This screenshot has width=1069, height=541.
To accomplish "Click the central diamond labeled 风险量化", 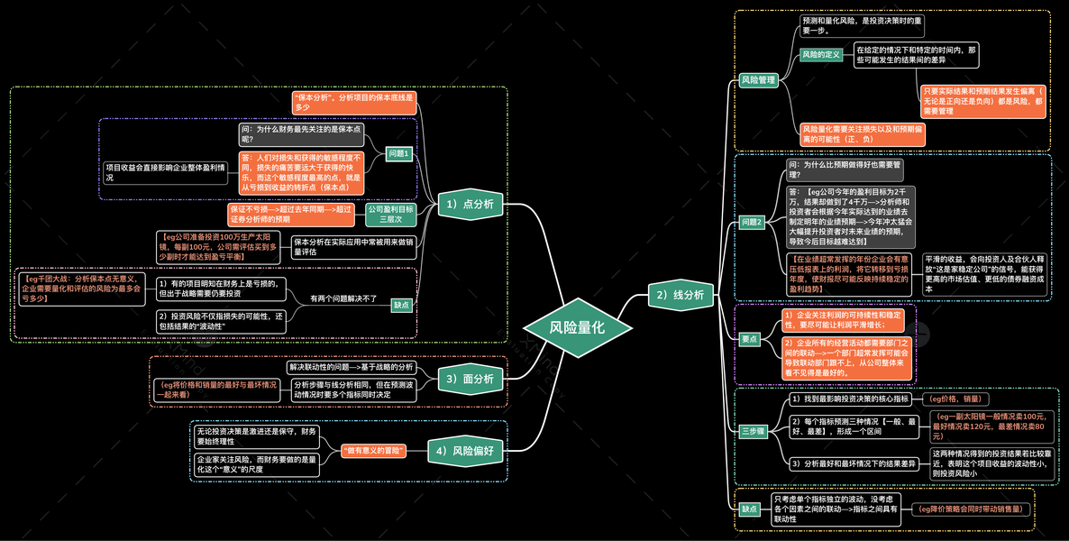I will [565, 328].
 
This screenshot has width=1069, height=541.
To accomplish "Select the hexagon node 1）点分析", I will [469, 205].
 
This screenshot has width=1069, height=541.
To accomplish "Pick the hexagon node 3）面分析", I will [469, 379].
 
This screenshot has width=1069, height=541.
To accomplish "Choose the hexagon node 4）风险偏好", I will [465, 450].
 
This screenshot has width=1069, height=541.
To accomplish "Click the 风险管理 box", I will [758, 80].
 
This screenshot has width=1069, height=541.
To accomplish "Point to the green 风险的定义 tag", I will [820, 55].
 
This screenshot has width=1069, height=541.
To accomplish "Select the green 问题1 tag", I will [398, 153].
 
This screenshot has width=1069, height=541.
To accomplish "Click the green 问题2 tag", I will [752, 222].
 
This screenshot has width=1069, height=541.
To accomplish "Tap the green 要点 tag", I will [749, 339].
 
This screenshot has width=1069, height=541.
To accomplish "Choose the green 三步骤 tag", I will [753, 432].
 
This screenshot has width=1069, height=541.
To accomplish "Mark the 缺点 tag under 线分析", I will [749, 509].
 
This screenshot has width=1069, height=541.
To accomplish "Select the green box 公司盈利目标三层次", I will [390, 214].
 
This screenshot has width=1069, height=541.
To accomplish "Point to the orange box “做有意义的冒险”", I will [373, 450].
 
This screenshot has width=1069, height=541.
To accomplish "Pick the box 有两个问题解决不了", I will [343, 298].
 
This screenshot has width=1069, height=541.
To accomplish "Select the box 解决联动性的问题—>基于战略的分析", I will [351, 367].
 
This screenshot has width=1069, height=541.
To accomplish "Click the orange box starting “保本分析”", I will [353, 102].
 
